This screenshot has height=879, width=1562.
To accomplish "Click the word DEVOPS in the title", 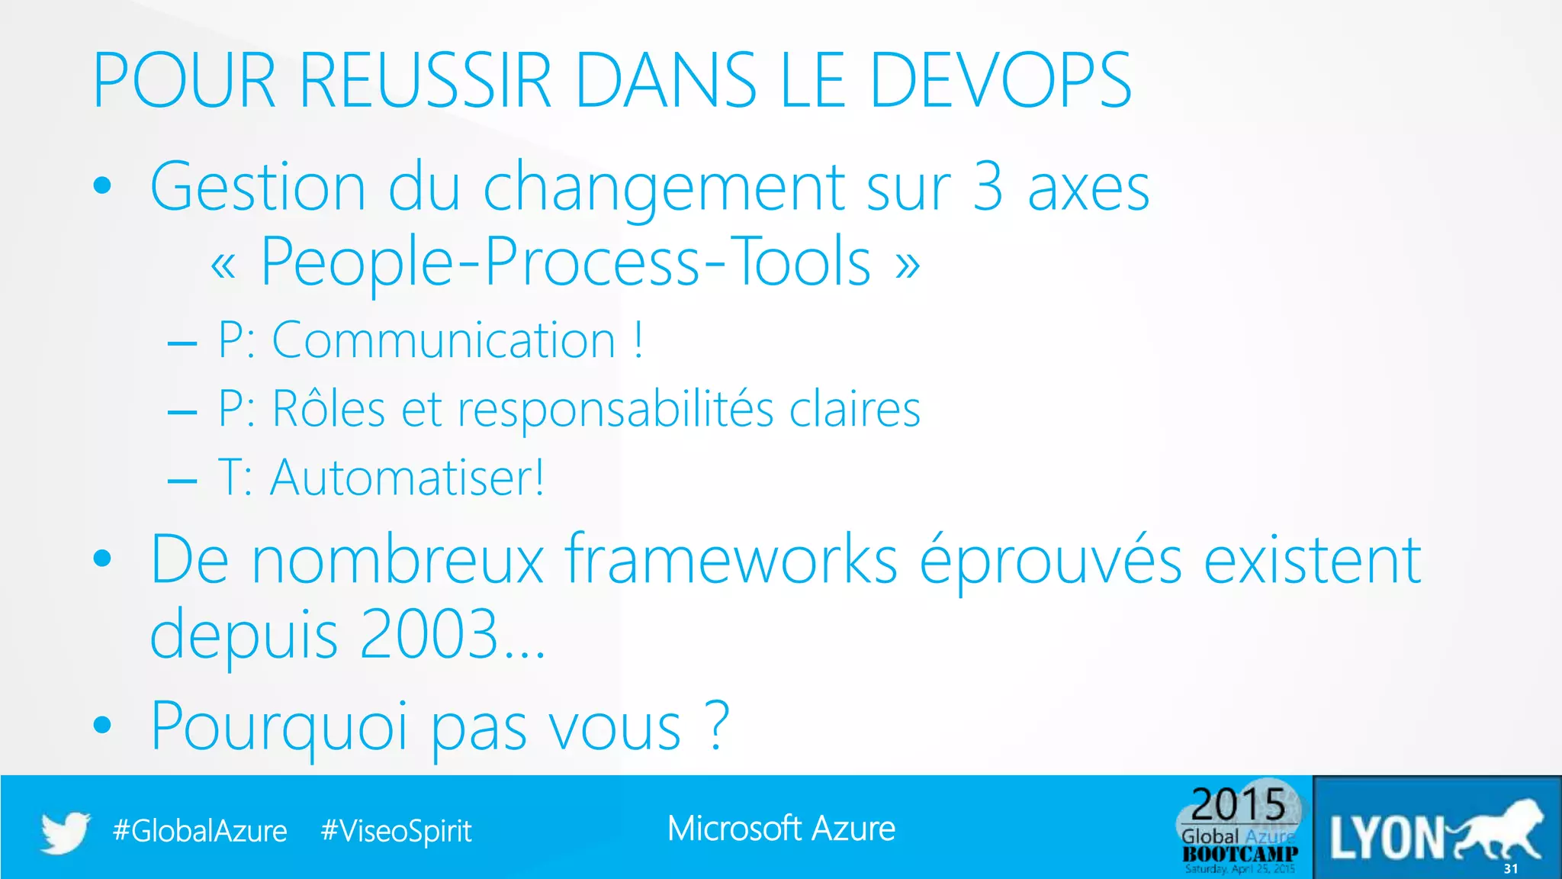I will click(1000, 80).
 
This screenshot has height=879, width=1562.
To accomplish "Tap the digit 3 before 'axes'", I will click(988, 187).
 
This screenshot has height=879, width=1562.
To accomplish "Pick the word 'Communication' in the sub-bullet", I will click(444, 340).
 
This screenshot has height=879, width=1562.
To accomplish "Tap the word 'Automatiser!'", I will click(407, 478).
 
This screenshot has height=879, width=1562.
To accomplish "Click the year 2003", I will click(429, 633).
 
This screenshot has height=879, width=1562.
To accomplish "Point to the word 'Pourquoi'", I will click(279, 726).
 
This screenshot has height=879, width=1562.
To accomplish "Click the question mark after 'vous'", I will click(718, 725).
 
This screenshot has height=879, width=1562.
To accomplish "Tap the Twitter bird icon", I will click(66, 831).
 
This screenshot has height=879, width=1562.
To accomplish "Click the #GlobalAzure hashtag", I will click(200, 831).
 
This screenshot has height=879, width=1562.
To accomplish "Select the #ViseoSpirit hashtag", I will click(397, 831).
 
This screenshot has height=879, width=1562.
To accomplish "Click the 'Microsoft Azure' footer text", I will click(781, 829).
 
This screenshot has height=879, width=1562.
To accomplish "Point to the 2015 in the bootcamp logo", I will click(1239, 804).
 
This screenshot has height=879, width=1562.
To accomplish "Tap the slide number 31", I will click(1511, 869).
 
